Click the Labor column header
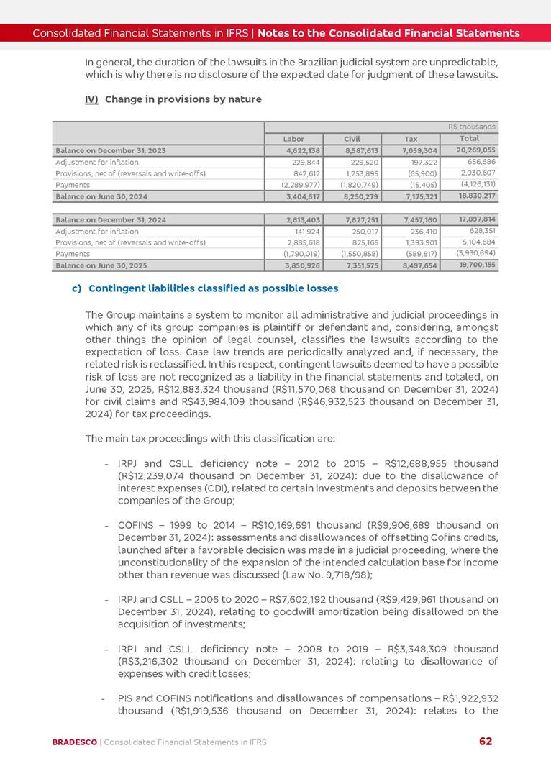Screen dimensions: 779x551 (293, 139)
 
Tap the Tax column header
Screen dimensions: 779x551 (411, 139)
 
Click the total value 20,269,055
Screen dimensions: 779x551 (475, 150)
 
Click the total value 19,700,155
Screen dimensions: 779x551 (475, 265)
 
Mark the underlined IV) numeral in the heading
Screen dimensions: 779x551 (91, 99)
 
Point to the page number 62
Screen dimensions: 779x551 (486, 742)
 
